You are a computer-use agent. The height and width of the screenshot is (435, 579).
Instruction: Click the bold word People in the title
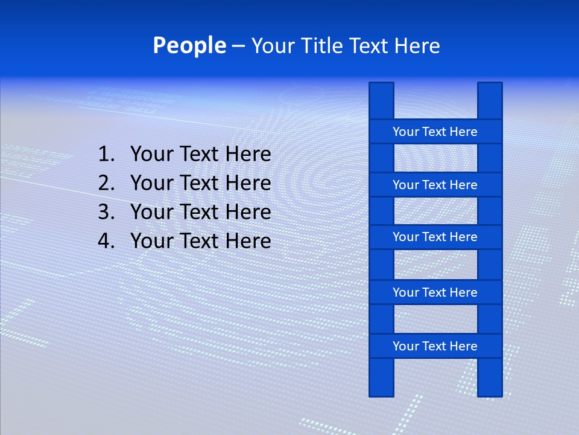(x=189, y=45)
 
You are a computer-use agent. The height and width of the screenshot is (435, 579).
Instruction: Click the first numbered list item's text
(x=201, y=155)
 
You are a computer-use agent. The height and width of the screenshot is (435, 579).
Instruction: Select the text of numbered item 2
(x=201, y=183)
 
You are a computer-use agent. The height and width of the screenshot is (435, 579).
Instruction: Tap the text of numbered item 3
(x=201, y=212)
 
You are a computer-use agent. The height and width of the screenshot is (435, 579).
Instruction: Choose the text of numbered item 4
(x=201, y=241)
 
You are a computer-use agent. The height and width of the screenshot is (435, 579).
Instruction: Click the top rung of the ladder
(x=435, y=132)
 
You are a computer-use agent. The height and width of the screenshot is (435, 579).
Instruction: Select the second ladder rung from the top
(x=435, y=185)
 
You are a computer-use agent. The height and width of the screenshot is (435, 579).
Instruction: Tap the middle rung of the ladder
(x=435, y=237)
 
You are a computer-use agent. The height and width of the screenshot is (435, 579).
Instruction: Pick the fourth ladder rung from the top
(x=435, y=292)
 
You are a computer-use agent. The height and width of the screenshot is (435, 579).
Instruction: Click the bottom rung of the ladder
(x=435, y=346)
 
